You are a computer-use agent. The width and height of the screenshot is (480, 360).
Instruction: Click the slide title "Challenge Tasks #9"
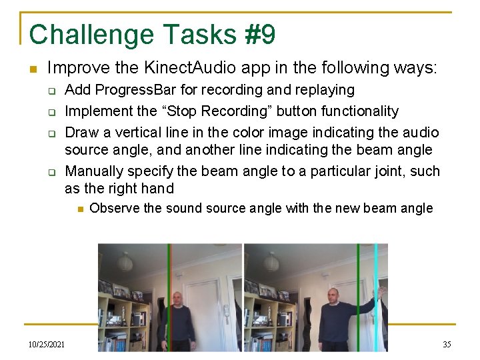coord(152,34)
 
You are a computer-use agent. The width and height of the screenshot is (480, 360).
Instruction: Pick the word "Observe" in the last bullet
coord(114,208)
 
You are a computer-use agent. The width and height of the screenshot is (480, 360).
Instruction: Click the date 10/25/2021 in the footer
coord(47,344)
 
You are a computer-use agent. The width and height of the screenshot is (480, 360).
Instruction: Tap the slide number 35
coord(447,344)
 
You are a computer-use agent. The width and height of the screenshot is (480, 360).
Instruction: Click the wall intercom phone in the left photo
coord(227,310)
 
